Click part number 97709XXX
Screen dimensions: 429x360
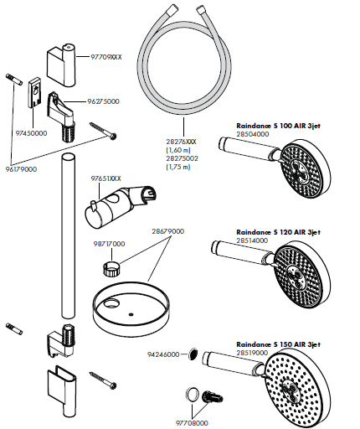(x=106, y=57)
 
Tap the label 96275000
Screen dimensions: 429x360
(x=103, y=101)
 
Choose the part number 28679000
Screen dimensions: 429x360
(x=167, y=230)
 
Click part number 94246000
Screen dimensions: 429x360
(x=163, y=354)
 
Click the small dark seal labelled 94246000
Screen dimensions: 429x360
(x=193, y=355)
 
